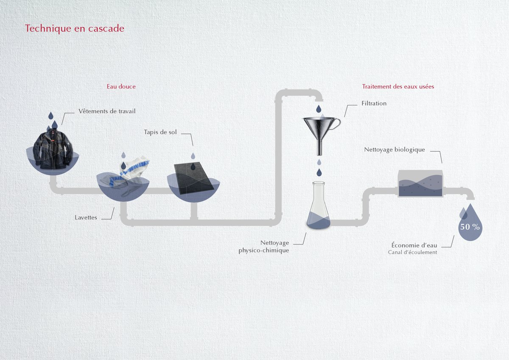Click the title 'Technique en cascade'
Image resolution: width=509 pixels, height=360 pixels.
(x=75, y=28)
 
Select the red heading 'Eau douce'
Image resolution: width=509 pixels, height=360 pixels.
(x=121, y=87)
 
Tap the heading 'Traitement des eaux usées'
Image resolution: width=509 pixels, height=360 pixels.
(x=398, y=87)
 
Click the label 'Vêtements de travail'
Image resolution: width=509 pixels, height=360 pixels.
(x=107, y=111)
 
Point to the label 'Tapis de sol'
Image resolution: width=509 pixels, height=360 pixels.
(x=160, y=132)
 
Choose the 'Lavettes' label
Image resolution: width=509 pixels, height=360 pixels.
(x=86, y=217)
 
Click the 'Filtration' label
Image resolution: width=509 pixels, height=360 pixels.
(x=374, y=103)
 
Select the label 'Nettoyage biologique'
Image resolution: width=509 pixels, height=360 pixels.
(x=394, y=149)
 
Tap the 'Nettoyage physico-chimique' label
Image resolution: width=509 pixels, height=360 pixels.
(x=264, y=246)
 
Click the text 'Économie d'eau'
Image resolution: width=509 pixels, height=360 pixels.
(x=414, y=245)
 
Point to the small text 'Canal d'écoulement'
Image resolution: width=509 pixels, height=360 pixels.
(x=412, y=252)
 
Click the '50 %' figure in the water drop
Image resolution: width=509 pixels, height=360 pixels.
(x=470, y=227)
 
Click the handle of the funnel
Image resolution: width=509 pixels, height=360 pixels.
(x=336, y=123)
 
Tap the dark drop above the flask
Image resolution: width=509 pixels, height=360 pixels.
(x=319, y=172)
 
